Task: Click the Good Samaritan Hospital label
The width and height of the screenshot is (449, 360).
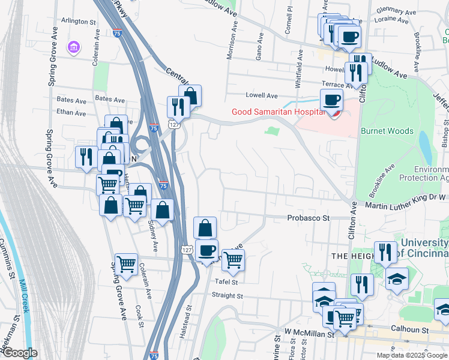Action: [x=278, y=112]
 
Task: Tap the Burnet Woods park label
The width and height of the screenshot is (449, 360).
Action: [x=387, y=131]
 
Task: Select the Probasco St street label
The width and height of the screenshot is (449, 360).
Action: [x=309, y=218]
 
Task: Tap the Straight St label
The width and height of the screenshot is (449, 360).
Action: [x=226, y=295]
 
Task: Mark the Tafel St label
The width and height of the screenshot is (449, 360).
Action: [x=227, y=281]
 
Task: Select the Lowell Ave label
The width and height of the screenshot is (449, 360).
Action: [x=262, y=95]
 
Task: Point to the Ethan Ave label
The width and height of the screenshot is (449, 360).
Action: [x=71, y=112]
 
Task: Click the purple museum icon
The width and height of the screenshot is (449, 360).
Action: [x=73, y=47]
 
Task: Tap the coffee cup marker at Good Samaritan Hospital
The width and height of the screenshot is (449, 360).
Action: [x=331, y=100]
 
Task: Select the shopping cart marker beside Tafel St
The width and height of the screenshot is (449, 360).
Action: [x=233, y=260]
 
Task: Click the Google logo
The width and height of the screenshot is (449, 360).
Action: [x=19, y=353]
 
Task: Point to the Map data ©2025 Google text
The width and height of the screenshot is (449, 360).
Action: [x=412, y=355]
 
